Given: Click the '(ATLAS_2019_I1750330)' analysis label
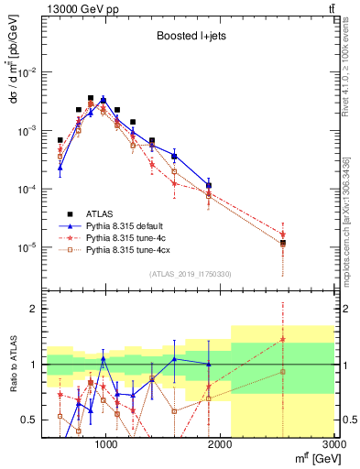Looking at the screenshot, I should point(190,272).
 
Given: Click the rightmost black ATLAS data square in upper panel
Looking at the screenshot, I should point(283,243).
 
